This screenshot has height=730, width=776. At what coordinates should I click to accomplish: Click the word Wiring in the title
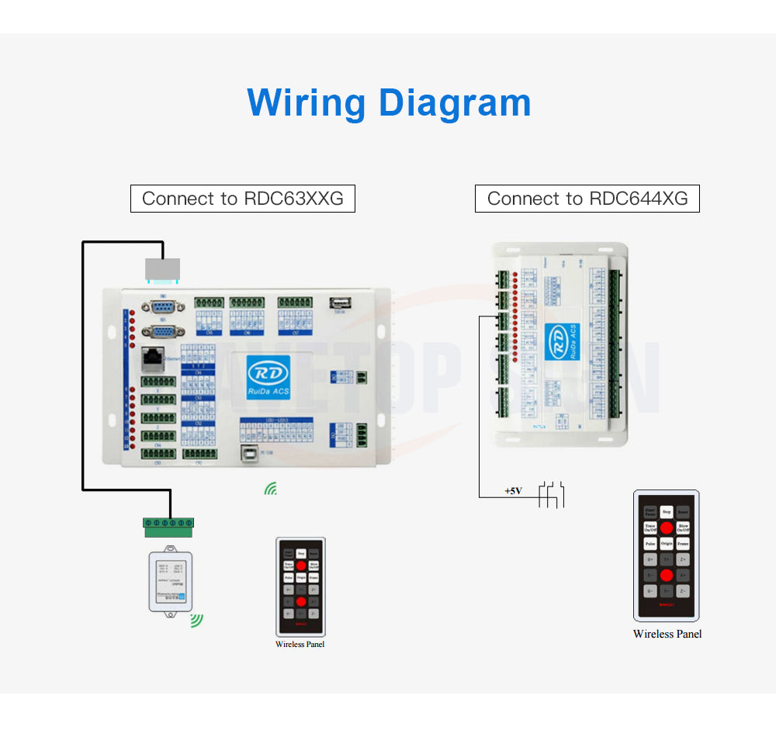306,103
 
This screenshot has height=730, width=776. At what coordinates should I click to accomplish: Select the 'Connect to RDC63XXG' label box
242,199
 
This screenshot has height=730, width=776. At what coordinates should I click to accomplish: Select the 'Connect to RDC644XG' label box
587,199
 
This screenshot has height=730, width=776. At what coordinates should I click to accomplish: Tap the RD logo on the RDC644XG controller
557,341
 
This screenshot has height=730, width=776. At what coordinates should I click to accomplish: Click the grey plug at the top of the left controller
163,269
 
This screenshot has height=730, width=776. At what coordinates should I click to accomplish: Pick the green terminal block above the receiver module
168,527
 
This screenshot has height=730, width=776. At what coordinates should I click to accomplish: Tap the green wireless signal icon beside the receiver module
197,620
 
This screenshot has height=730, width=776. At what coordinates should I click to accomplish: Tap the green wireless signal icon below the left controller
271,489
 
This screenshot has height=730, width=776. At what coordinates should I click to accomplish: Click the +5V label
513,491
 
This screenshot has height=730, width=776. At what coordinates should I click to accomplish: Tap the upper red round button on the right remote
667,528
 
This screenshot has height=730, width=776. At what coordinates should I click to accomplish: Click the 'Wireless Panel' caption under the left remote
300,644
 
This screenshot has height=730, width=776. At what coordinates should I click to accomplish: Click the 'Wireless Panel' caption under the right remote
667,634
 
